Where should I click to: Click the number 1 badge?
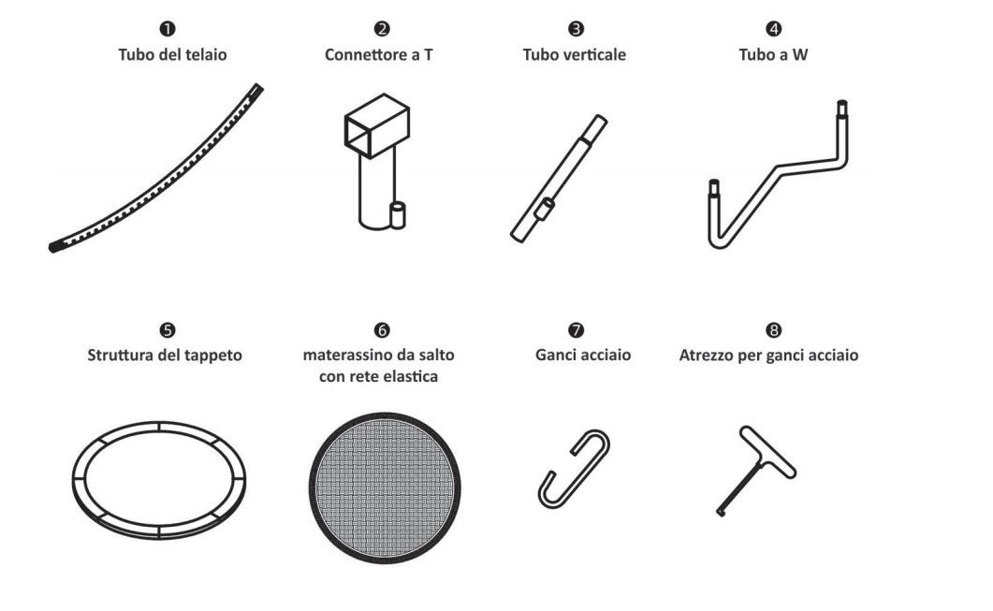(168, 28)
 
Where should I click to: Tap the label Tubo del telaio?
(172, 54)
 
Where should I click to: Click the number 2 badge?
(382, 28)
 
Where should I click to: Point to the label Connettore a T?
(379, 54)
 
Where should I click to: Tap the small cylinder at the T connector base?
(398, 214)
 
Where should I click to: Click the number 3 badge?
(576, 28)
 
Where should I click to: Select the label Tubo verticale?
(575, 54)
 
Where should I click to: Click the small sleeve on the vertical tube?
(544, 209)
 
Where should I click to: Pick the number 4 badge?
(773, 28)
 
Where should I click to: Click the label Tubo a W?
(773, 54)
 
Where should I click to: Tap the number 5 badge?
(168, 330)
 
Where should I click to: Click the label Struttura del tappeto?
(165, 355)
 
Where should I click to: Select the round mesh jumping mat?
(385, 487)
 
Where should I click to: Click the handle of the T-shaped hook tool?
(767, 451)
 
